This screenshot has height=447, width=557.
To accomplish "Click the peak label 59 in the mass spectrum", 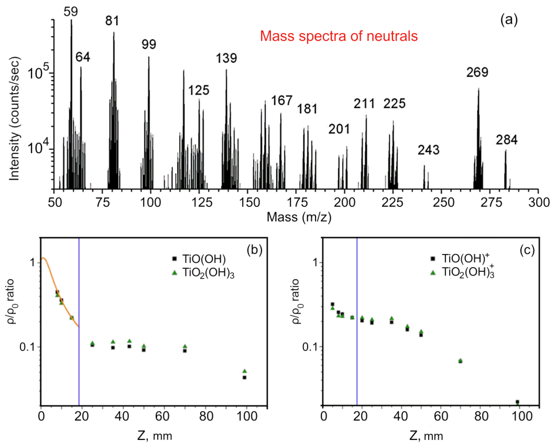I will [71, 12].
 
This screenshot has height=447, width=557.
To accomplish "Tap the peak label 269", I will [477, 73].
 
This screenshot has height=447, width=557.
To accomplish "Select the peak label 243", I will [429, 150].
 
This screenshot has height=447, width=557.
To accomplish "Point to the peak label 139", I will [226, 58].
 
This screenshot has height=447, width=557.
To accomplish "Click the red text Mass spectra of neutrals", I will [339, 36].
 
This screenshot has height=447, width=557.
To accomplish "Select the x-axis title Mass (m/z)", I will [299, 217].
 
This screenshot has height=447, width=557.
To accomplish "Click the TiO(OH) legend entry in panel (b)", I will [204, 259].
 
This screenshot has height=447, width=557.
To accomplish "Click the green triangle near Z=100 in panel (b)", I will [245, 371].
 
